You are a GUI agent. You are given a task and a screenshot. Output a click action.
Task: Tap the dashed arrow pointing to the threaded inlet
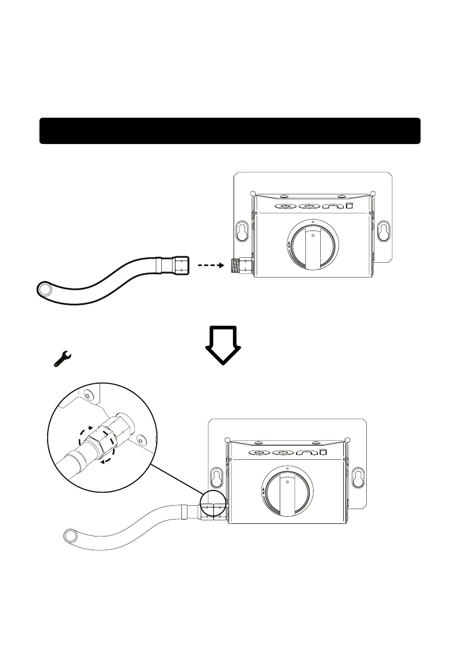208,266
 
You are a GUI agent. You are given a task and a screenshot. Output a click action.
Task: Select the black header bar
230,131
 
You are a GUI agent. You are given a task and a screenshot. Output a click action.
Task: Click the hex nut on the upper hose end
180,266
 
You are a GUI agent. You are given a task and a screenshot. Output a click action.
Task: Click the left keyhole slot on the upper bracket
241,231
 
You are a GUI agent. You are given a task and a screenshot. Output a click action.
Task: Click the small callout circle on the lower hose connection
213,504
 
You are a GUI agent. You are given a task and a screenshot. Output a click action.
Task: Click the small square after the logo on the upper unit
349,206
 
